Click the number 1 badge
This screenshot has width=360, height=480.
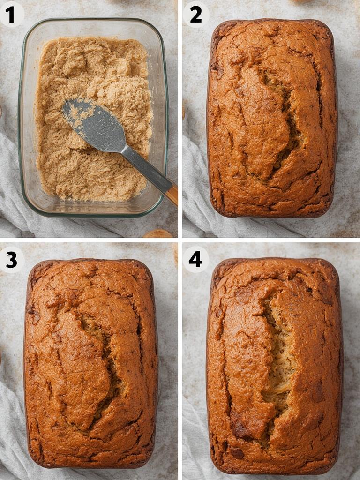click(10, 14)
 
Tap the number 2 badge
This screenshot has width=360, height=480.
click(195, 14)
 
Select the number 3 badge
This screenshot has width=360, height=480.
click(11, 259)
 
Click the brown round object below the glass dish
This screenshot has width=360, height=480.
click(158, 233)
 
